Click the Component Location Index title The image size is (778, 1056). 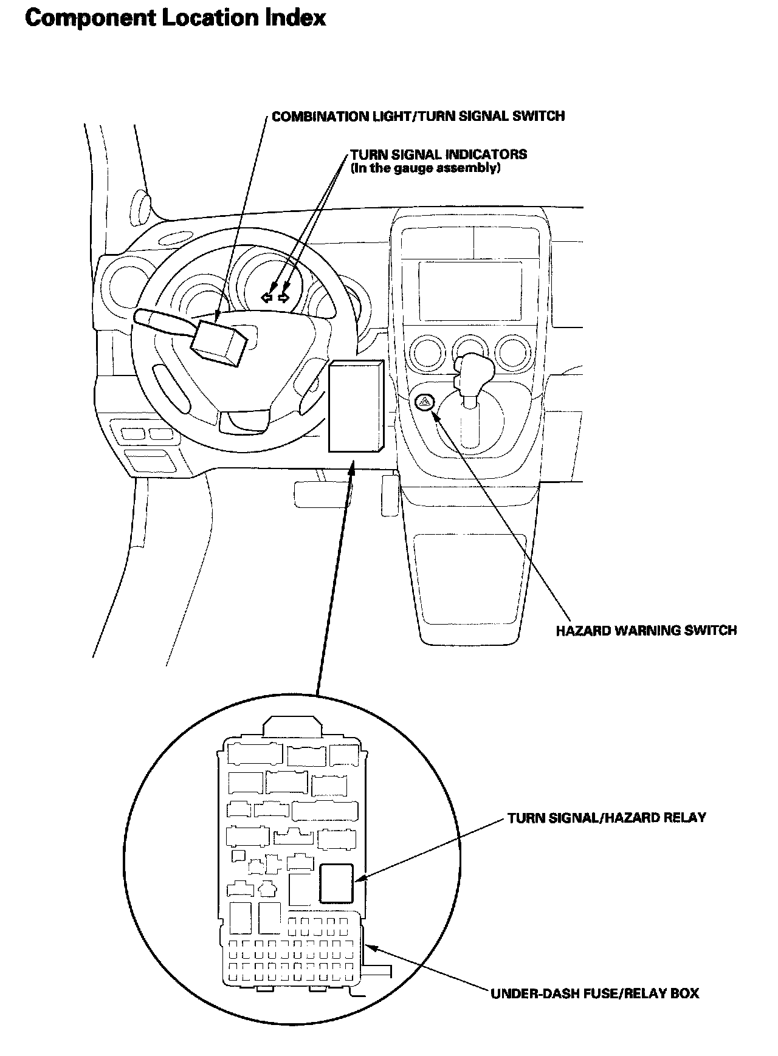pos(176,19)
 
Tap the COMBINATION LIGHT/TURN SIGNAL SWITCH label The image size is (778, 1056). pos(418,116)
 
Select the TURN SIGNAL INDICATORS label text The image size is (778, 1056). pos(438,154)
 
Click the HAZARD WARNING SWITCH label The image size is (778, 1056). pos(645,630)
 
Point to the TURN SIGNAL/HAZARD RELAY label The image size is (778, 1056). pos(607,817)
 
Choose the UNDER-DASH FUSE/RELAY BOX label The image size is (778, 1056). pos(594,993)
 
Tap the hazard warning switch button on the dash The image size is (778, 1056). pos(425,401)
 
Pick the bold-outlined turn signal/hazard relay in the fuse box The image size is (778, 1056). pos(336,882)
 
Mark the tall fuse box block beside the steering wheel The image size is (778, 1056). pos(355,406)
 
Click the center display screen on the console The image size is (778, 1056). pos(469,290)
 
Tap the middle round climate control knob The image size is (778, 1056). pos(468,351)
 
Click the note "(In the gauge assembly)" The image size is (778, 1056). pos(425,168)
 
